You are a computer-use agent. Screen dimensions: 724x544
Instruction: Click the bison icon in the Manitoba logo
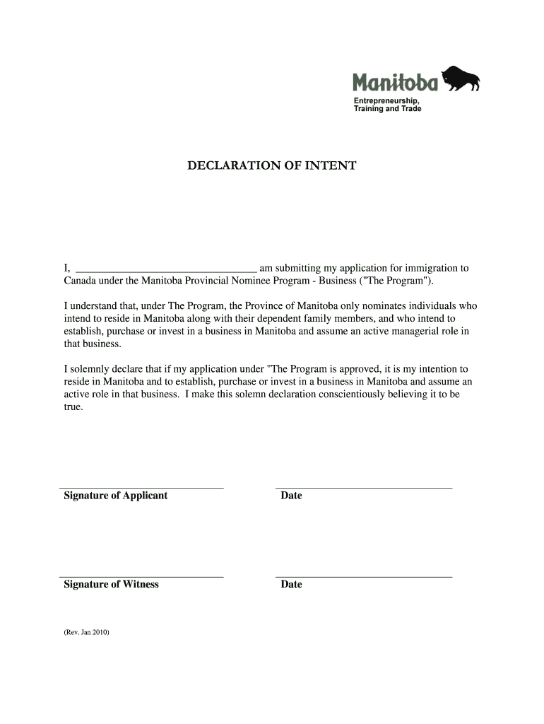[460, 78]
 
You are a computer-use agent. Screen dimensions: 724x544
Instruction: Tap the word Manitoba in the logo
[395, 84]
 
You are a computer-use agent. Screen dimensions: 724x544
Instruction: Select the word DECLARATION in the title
[230, 166]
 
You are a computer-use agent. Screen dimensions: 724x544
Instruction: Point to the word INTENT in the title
[332, 166]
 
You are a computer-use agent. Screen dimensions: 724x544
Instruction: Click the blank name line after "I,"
[166, 269]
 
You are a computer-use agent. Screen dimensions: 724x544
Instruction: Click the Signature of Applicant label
[116, 496]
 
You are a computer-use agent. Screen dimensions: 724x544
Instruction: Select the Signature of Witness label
[112, 584]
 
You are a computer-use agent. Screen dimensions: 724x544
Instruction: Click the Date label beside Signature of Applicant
[291, 496]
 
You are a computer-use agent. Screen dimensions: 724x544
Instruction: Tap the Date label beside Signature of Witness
[291, 584]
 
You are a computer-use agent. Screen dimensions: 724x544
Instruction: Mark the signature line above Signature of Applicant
[141, 488]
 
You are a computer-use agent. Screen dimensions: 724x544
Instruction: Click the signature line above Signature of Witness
[141, 577]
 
